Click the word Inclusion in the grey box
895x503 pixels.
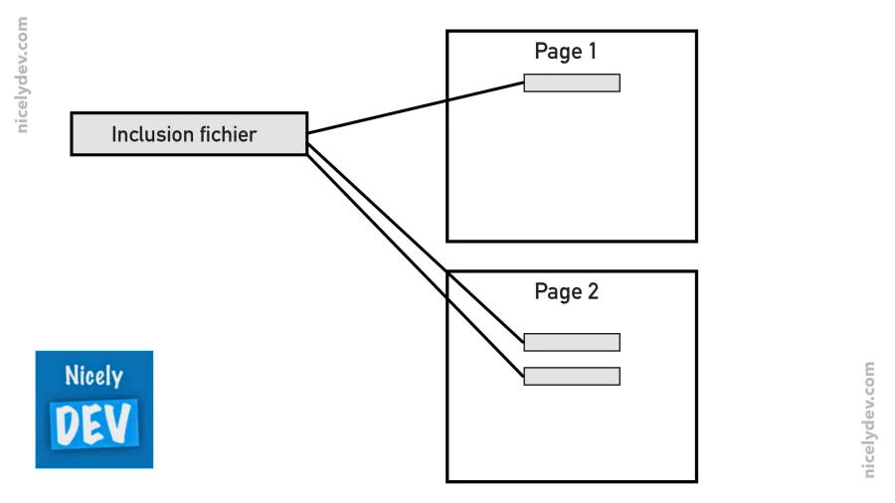[150, 134]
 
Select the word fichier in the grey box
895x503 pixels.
[225, 134]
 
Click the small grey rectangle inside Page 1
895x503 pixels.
[572, 84]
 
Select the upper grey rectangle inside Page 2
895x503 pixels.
[572, 343]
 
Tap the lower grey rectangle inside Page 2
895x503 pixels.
[572, 377]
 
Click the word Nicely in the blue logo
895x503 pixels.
[93, 377]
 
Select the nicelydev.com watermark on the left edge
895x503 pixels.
[23, 75]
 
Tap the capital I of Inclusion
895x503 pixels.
[114, 134]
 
